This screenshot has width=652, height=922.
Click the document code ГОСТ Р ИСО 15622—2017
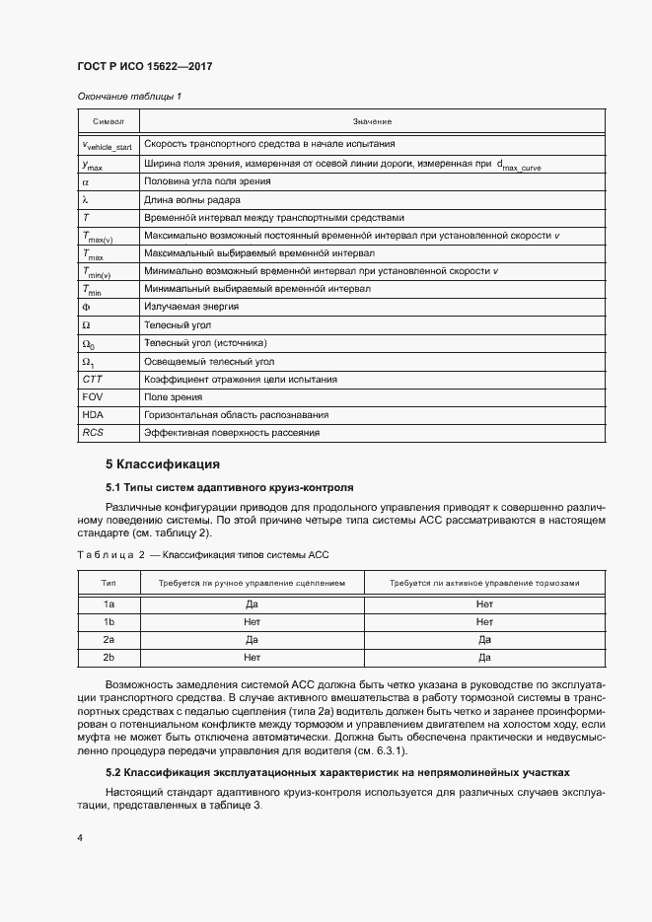click(x=145, y=66)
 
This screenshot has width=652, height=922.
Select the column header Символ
click(x=109, y=121)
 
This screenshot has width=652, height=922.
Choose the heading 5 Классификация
click(x=162, y=463)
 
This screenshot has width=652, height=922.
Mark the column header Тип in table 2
click(x=109, y=583)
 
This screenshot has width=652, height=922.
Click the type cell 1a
click(x=109, y=603)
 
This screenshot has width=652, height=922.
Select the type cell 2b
click(x=109, y=657)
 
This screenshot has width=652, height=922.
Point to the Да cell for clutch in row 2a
click(x=252, y=639)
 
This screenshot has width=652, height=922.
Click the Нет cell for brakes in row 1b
click(x=483, y=621)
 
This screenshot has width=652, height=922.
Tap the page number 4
click(x=80, y=838)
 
